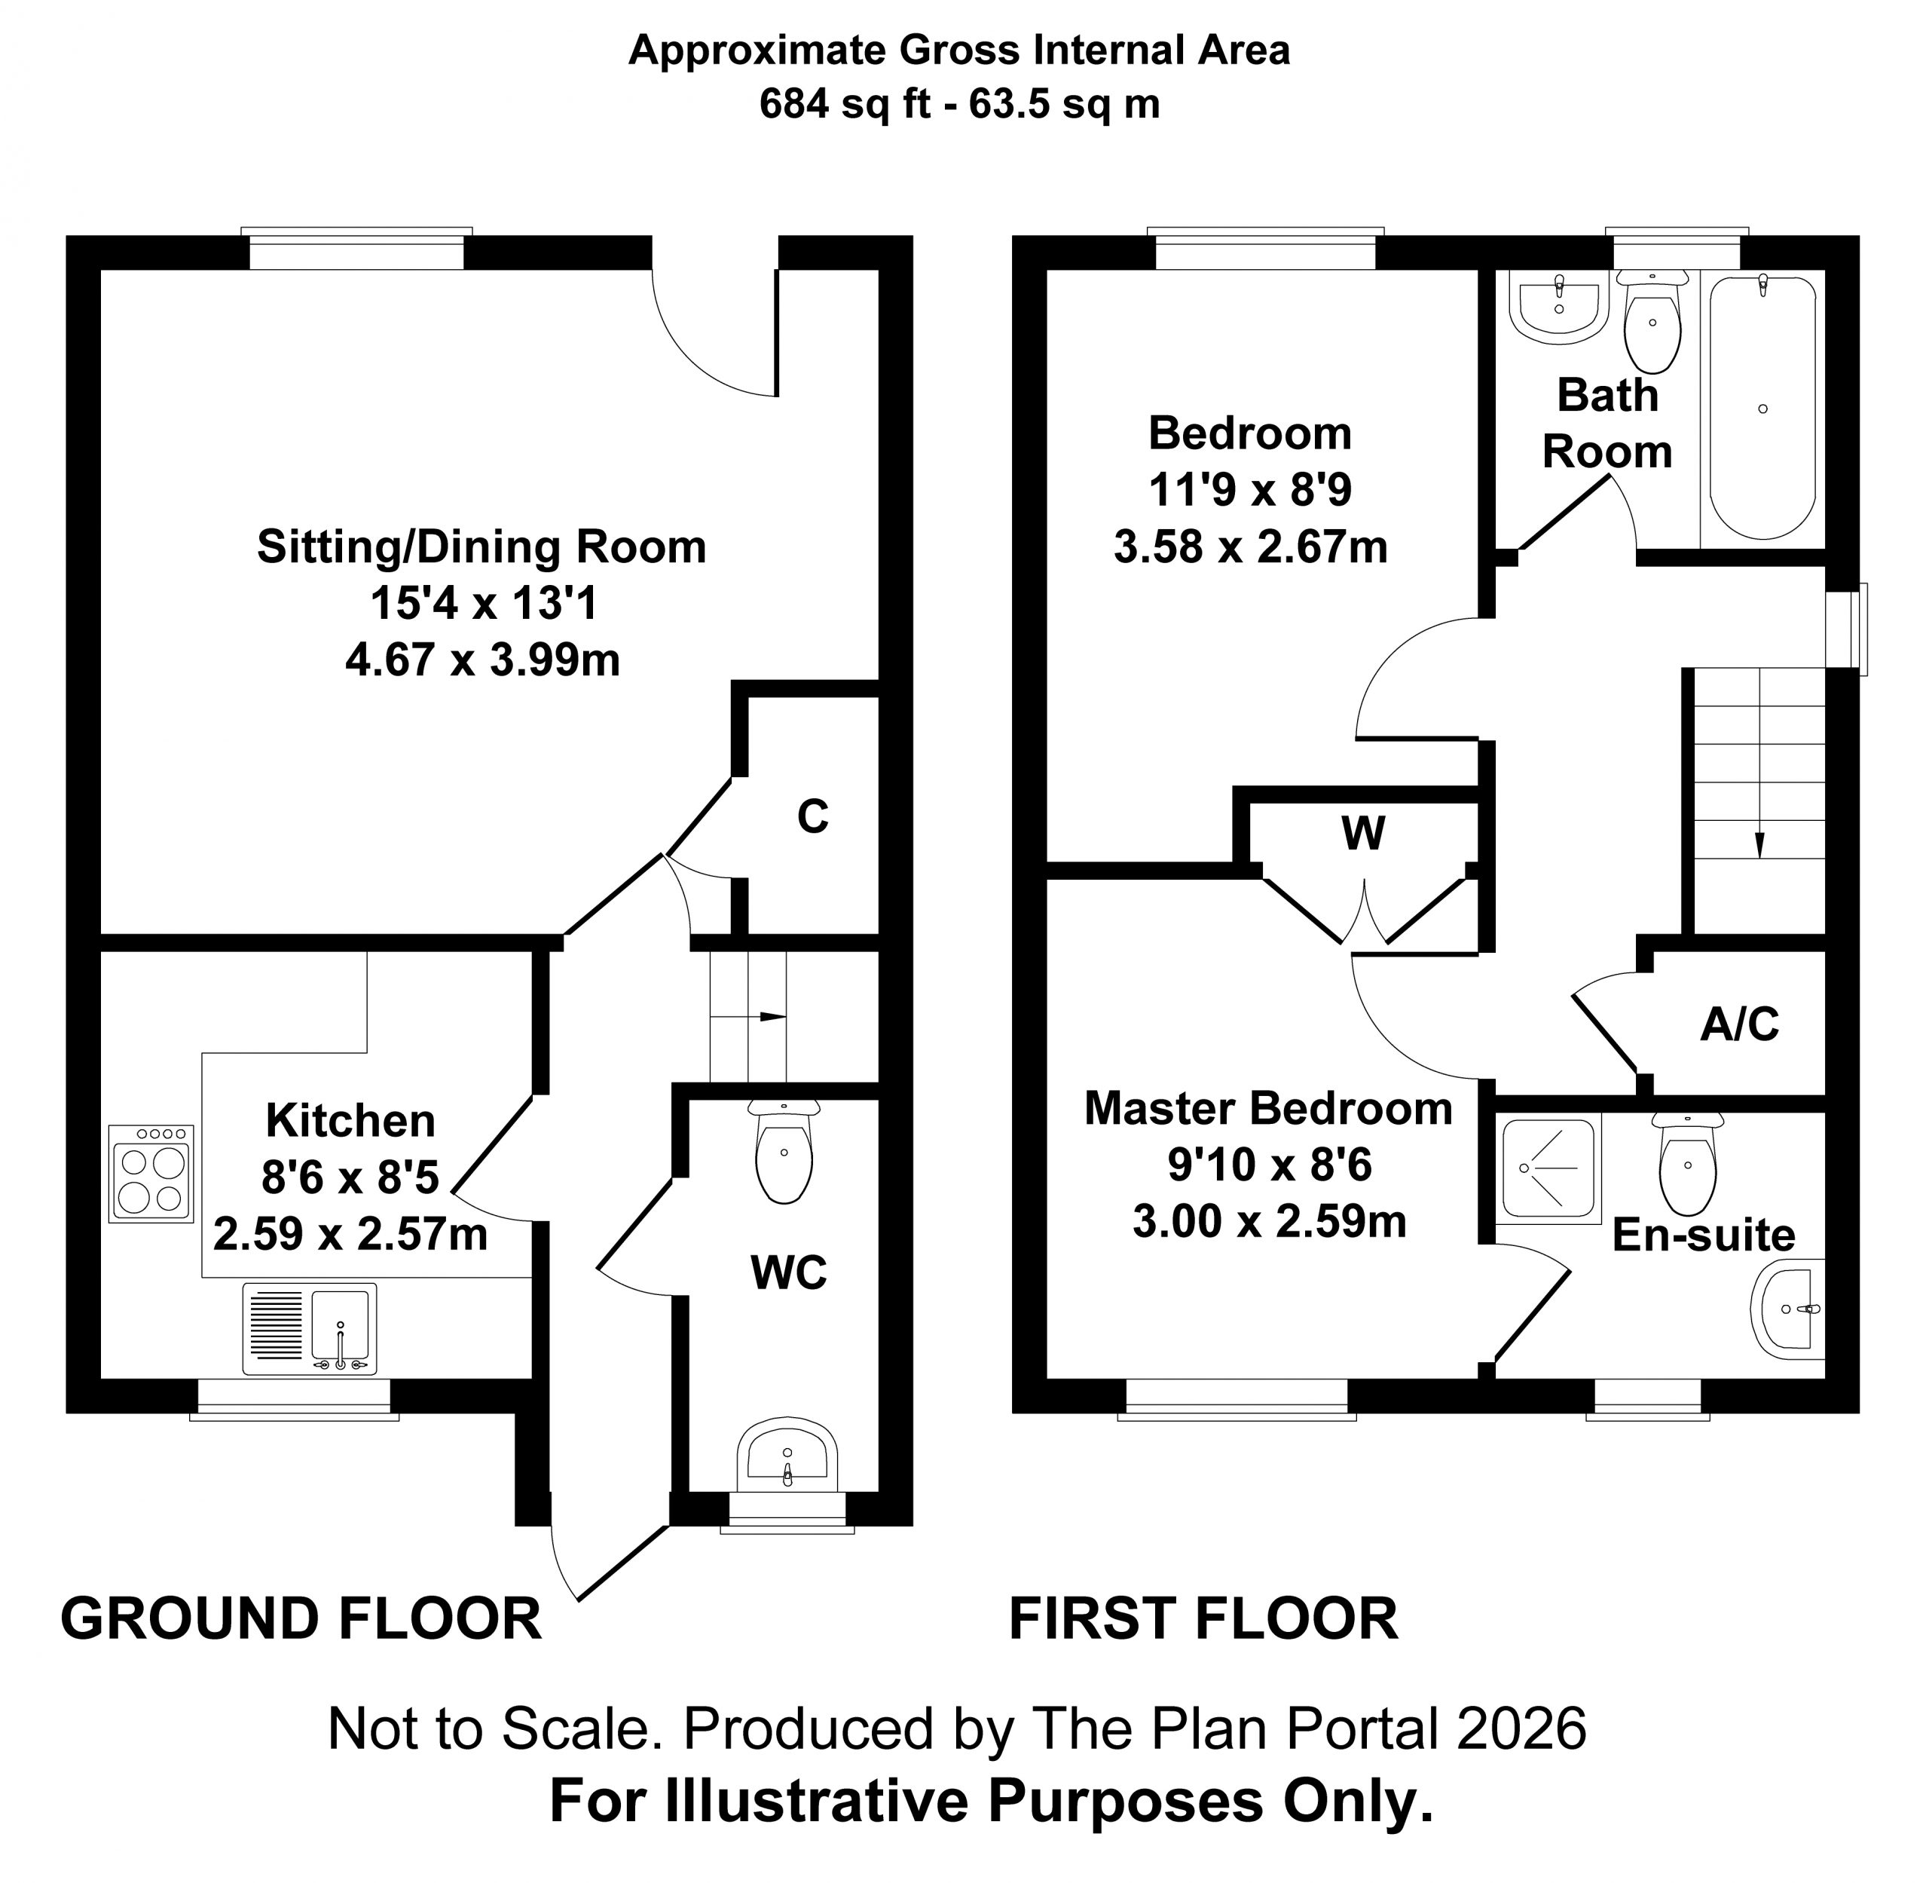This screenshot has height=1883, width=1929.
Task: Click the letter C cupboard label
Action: pos(813,817)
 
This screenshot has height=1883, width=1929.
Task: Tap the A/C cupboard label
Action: pos(1739,1024)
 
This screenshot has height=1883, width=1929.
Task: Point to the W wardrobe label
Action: pos(1362,834)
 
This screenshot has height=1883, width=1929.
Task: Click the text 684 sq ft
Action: pos(845,104)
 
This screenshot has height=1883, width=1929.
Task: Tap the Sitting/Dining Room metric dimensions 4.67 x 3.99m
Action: pos(482,660)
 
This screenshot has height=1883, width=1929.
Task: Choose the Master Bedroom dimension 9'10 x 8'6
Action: pos(1270,1165)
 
